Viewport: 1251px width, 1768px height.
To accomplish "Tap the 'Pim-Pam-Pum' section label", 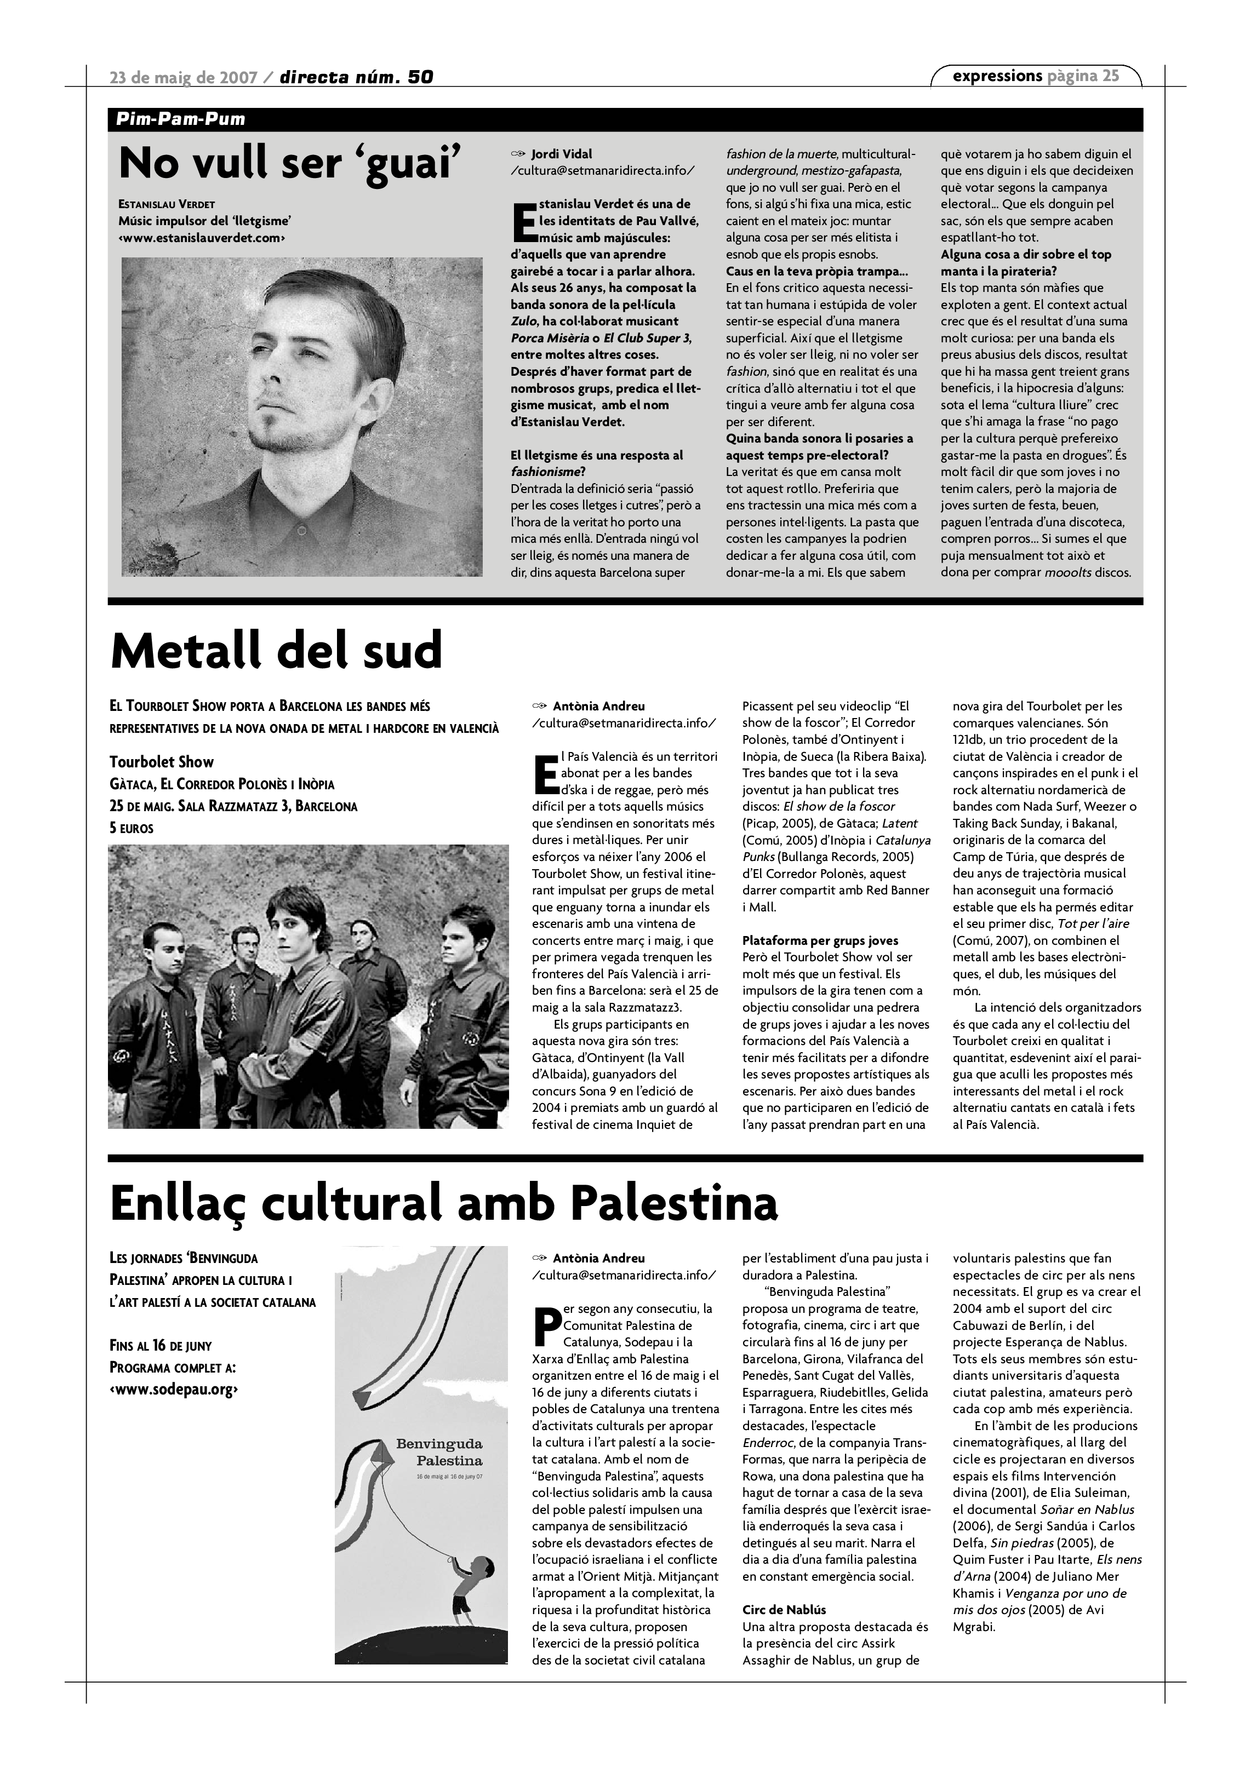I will (180, 119).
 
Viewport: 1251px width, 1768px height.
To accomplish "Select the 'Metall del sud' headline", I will (277, 651).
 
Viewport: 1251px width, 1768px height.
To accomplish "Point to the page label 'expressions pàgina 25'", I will (1035, 76).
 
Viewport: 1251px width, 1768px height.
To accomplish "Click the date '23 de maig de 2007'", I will (184, 77).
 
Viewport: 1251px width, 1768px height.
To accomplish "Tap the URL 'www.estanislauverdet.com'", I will (202, 238).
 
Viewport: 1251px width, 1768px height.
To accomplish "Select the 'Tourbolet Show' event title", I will (162, 762).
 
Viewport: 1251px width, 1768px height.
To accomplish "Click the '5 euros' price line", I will (132, 829).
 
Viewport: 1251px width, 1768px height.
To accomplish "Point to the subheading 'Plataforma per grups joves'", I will (820, 940).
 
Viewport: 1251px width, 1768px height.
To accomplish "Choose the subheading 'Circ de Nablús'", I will (784, 1610).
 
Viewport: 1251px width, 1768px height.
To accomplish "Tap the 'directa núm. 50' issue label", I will (357, 77).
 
